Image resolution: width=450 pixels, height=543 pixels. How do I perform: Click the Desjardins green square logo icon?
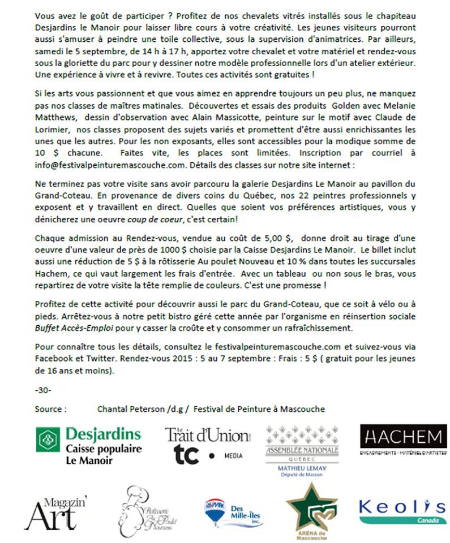(x=48, y=439)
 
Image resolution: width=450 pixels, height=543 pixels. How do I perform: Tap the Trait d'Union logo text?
(x=207, y=435)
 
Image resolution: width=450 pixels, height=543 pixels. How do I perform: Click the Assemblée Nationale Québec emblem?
(x=302, y=441)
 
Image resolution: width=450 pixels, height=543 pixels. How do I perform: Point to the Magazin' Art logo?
(x=55, y=511)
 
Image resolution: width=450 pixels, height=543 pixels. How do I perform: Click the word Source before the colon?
(x=48, y=408)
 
